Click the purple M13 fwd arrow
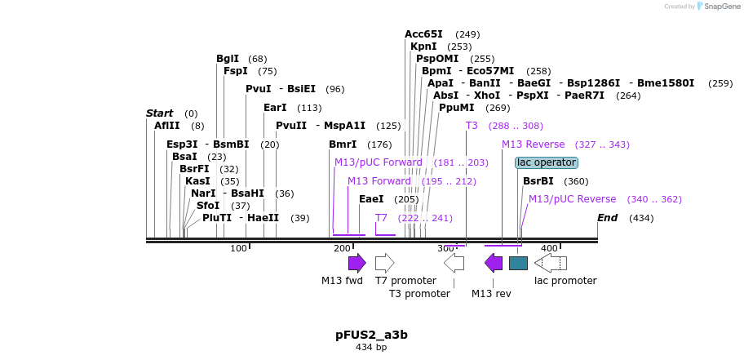356,263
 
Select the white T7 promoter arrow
384,263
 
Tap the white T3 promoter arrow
454,263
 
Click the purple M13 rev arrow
494,263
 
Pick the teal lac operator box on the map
518,263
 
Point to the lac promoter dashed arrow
551,263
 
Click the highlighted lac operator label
547,162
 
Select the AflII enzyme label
166,126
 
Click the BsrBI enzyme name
538,181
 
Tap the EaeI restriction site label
371,199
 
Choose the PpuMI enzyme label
456,108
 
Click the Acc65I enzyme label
423,34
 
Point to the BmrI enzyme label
343,144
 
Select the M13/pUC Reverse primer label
572,199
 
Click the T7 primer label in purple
381,218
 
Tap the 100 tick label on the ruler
238,248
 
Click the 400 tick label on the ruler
549,248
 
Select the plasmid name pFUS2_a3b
371,335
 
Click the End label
607,218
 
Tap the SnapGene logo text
719,7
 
